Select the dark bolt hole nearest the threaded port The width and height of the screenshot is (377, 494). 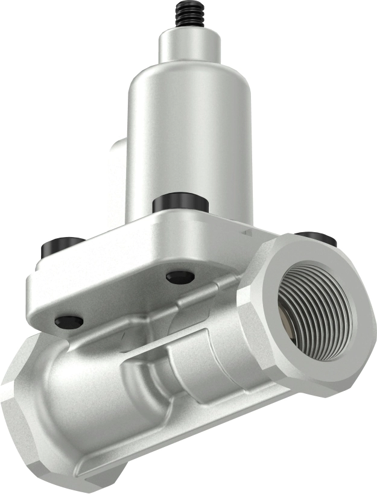click(180, 277)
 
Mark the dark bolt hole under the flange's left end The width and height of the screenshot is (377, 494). click(68, 322)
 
